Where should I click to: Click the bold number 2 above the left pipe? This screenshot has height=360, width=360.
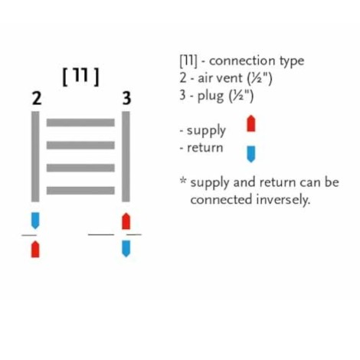pyautogui.click(x=37, y=98)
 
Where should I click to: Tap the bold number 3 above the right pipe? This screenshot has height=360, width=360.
pyautogui.click(x=126, y=98)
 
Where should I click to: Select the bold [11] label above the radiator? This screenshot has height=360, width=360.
pyautogui.click(x=80, y=77)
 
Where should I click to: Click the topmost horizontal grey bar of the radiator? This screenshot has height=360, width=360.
pyautogui.click(x=80, y=123)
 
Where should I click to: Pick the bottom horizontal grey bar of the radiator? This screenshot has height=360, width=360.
pyautogui.click(x=80, y=191)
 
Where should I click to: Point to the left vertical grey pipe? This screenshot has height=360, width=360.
pyautogui.click(x=35, y=156)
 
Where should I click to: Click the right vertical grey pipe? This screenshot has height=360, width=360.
pyautogui.click(x=126, y=156)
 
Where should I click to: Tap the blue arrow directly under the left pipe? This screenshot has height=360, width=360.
pyautogui.click(x=35, y=221)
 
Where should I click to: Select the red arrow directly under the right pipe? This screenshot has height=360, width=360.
pyautogui.click(x=126, y=221)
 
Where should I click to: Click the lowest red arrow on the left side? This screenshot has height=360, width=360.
pyautogui.click(x=35, y=249)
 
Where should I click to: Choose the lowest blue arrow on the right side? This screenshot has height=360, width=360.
pyautogui.click(x=126, y=248)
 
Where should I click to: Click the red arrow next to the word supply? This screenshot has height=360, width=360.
pyautogui.click(x=251, y=123)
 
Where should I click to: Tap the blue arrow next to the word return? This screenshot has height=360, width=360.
pyautogui.click(x=251, y=154)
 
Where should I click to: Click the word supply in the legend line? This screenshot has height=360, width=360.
pyautogui.click(x=206, y=131)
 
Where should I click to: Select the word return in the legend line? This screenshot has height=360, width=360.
pyautogui.click(x=205, y=148)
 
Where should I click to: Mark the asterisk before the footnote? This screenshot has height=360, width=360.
pyautogui.click(x=183, y=180)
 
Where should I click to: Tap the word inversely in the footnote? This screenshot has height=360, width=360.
pyautogui.click(x=283, y=200)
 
